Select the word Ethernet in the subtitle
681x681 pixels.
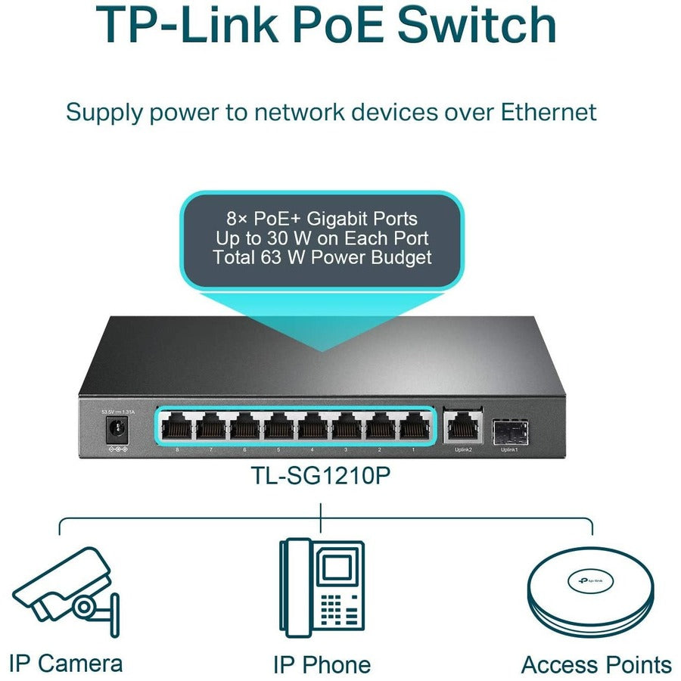tap(548, 112)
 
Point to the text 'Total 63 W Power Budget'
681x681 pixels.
tap(322, 257)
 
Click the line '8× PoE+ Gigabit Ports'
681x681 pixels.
tap(322, 219)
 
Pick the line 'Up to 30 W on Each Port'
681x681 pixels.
tap(322, 238)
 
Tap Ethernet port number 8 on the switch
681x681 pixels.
tap(177, 428)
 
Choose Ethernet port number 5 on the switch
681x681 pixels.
tap(278, 428)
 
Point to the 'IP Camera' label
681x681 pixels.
tap(66, 664)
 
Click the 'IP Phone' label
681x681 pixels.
tap(322, 664)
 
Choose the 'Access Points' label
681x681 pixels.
tap(596, 664)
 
